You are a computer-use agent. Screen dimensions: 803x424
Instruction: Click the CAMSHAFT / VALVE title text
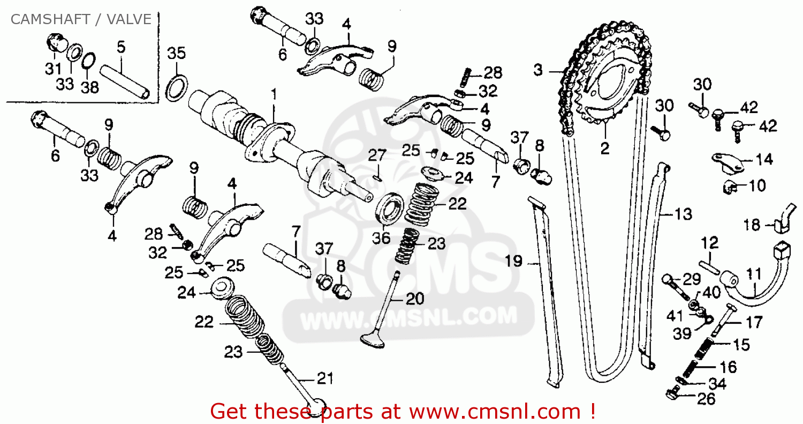click(81, 19)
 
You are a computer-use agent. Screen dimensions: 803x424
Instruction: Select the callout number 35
click(176, 53)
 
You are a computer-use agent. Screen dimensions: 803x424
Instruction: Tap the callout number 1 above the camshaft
click(274, 94)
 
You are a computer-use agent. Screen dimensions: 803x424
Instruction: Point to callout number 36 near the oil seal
click(381, 237)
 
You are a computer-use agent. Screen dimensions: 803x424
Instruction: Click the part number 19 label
click(514, 261)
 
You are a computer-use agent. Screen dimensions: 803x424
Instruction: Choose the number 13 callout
click(683, 214)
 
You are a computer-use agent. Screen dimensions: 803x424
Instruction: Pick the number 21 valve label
click(325, 378)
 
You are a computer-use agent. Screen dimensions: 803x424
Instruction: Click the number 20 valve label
click(415, 299)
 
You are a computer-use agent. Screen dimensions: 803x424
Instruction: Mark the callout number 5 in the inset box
click(121, 47)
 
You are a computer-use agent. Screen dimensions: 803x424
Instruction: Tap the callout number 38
click(89, 87)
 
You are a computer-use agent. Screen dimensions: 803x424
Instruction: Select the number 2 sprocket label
click(605, 148)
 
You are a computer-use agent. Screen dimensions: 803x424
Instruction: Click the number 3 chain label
click(538, 70)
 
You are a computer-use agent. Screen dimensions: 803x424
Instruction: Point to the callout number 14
click(764, 159)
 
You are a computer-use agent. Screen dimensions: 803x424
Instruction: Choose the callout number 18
click(752, 225)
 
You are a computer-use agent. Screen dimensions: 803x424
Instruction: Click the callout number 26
click(706, 399)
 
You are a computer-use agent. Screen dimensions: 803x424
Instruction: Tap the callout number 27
click(377, 155)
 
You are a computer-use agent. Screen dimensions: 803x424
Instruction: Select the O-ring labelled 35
click(176, 87)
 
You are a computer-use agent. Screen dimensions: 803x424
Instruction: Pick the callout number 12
click(710, 243)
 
